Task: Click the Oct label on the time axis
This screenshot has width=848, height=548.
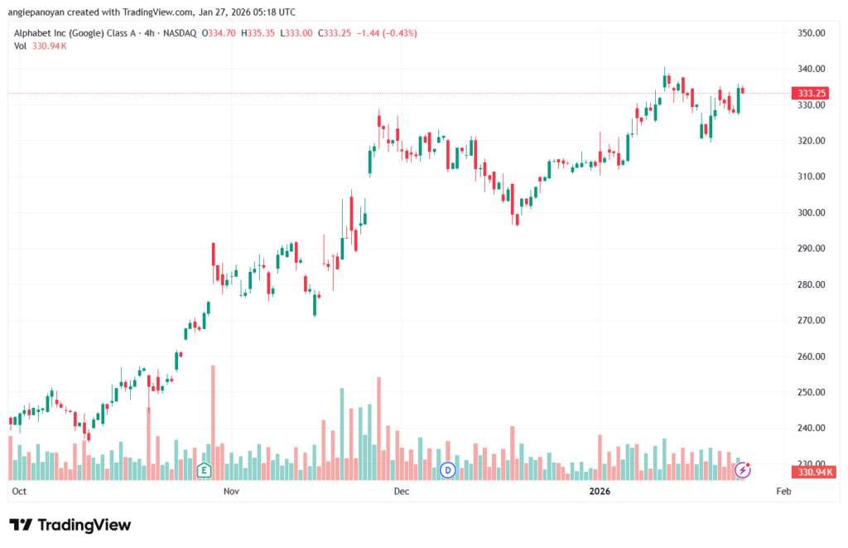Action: click(x=20, y=492)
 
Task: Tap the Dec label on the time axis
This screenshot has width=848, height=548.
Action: click(x=402, y=492)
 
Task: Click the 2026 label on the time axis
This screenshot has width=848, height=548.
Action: click(x=600, y=492)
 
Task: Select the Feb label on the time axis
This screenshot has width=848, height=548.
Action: click(x=783, y=492)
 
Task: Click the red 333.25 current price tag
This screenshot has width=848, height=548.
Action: click(x=812, y=94)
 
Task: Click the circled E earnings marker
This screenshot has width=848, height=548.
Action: click(x=204, y=470)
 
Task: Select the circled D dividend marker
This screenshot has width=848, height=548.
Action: click(x=448, y=470)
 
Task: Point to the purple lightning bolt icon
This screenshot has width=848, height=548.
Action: click(x=743, y=470)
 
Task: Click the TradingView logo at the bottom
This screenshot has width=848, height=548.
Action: click(x=70, y=525)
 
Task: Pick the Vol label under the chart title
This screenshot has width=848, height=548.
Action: click(x=21, y=46)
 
